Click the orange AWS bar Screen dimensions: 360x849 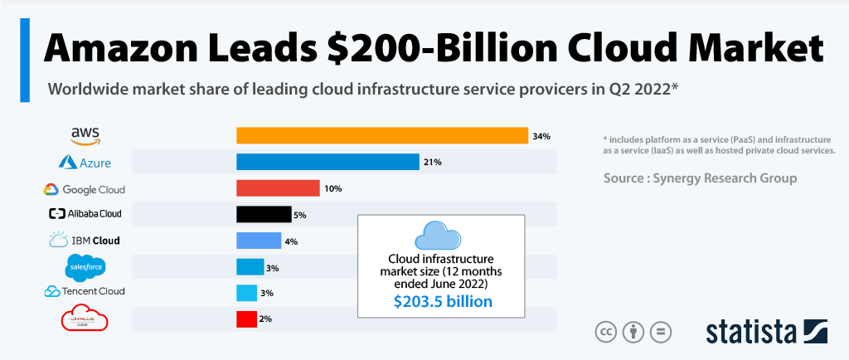click(382, 135)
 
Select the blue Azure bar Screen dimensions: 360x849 click(327, 162)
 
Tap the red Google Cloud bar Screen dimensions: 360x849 click(278, 188)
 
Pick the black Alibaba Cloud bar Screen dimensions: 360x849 click(264, 214)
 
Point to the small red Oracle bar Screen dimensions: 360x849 click(245, 319)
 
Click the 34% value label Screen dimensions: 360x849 click(542, 136)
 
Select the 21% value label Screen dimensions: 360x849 click(432, 163)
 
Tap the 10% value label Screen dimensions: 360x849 click(333, 189)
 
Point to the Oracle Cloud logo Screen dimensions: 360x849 click(85, 319)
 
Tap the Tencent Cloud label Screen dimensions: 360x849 click(85, 291)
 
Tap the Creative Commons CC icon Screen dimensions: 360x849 click(606, 332)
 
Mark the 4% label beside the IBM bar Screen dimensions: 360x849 click(291, 241)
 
